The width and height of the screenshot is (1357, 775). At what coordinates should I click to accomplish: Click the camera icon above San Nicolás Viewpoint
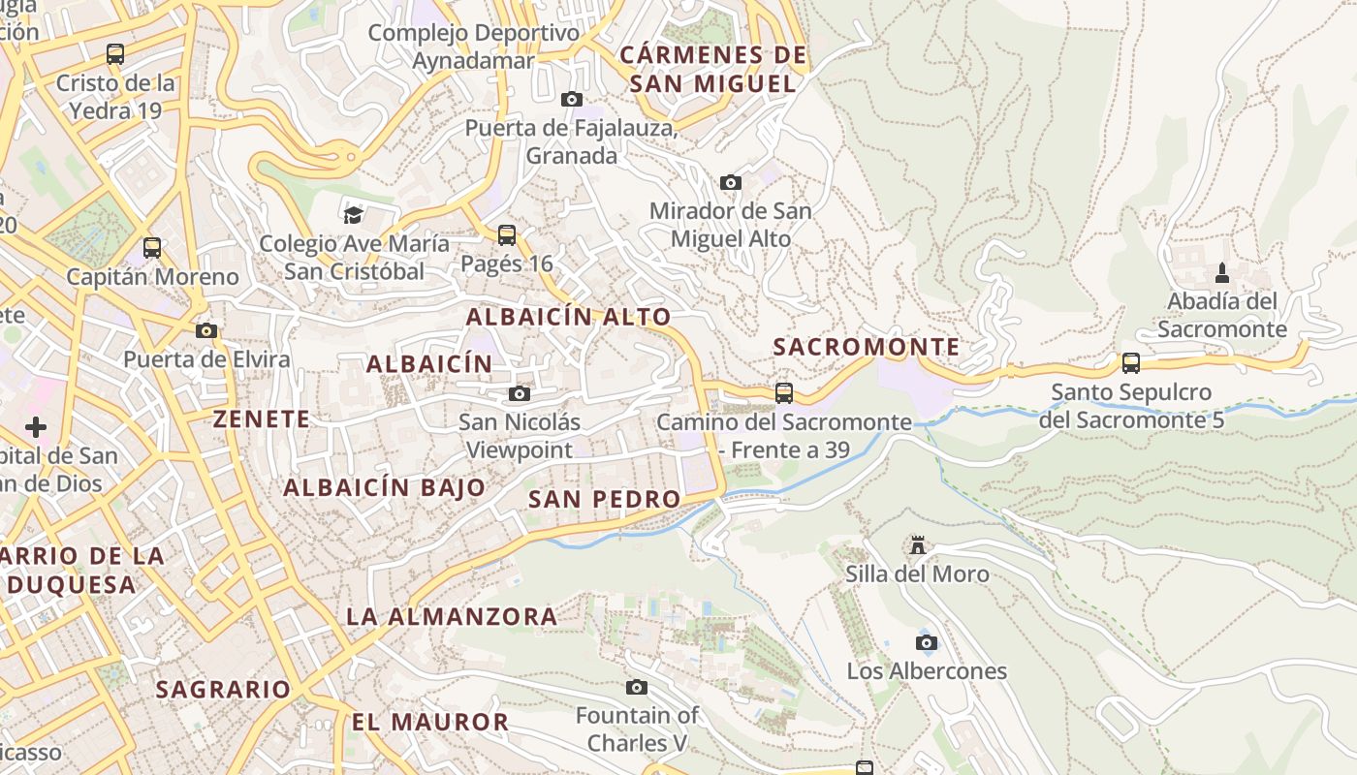tap(520, 393)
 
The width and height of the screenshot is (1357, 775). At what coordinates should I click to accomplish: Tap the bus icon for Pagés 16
tap(506, 234)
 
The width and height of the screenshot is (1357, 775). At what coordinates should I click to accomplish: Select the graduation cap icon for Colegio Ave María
tap(353, 214)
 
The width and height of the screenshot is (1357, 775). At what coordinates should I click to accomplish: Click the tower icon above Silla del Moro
tap(917, 545)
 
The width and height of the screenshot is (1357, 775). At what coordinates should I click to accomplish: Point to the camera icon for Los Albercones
tap(927, 642)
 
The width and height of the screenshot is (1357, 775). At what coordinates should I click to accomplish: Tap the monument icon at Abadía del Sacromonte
tap(1221, 272)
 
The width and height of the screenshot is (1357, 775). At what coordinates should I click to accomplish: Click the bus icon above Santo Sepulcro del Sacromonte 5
tap(1130, 363)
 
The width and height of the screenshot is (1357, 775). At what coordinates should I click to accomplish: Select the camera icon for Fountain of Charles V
tap(636, 687)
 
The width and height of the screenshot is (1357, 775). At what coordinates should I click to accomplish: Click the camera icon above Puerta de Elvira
tap(205, 330)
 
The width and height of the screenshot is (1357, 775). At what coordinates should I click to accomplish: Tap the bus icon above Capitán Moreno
tap(152, 248)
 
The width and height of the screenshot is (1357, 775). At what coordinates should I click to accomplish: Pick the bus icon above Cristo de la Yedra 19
tap(115, 54)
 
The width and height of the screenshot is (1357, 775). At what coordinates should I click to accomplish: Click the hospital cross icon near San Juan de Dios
tap(36, 426)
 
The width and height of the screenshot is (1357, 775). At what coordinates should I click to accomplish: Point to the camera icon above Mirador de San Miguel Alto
tap(730, 182)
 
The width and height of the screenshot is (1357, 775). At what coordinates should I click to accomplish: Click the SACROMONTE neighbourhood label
tap(867, 347)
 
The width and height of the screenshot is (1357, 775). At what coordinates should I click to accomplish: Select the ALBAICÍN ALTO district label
tap(568, 317)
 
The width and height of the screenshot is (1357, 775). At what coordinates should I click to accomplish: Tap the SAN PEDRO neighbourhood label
tap(604, 499)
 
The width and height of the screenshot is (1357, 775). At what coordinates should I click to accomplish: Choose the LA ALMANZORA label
tap(452, 616)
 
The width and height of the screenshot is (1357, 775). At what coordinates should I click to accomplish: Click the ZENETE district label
tap(262, 418)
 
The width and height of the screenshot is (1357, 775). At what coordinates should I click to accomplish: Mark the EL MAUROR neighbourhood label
tap(429, 722)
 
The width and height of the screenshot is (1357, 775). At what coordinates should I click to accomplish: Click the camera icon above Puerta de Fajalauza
tap(572, 99)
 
